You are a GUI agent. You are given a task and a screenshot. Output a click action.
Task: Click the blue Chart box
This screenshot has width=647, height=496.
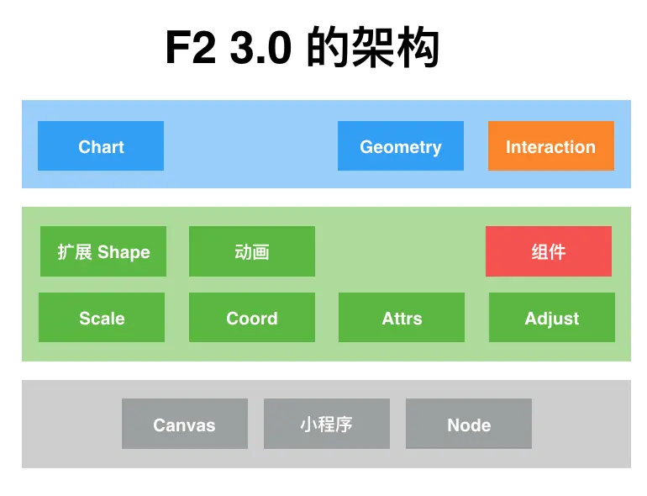[101, 146]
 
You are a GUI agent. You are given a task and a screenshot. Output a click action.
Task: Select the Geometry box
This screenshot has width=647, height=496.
[401, 146]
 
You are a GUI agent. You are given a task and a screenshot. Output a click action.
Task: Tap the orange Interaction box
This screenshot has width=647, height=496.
[550, 146]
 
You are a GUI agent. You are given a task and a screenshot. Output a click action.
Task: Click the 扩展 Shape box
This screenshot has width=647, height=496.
[103, 251]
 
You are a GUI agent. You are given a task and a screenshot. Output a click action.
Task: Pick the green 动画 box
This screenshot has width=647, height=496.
[252, 251]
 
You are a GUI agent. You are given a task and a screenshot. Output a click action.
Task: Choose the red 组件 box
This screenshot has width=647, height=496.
[549, 251]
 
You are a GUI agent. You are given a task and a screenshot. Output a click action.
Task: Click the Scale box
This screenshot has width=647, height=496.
[102, 318]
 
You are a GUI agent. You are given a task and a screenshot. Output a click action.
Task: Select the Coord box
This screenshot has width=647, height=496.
[252, 318]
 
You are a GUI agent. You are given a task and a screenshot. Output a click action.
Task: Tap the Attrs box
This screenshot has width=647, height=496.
[402, 318]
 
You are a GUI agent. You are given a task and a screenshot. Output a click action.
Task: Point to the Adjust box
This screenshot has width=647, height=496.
[552, 318]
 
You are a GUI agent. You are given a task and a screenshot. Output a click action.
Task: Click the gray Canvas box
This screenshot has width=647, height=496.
[185, 424]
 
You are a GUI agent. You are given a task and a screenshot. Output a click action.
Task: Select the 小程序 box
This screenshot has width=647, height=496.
[327, 424]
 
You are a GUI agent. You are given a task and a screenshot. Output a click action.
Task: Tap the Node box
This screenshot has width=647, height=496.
[469, 424]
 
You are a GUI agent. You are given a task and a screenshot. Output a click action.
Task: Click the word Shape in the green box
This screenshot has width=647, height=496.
[124, 251]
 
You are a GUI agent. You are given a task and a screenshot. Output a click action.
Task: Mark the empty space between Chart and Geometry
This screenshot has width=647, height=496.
[250, 146]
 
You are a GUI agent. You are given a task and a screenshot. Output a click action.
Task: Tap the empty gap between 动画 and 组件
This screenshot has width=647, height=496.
[400, 251]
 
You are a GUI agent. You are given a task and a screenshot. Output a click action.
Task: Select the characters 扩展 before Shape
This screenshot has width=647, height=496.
[75, 251]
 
